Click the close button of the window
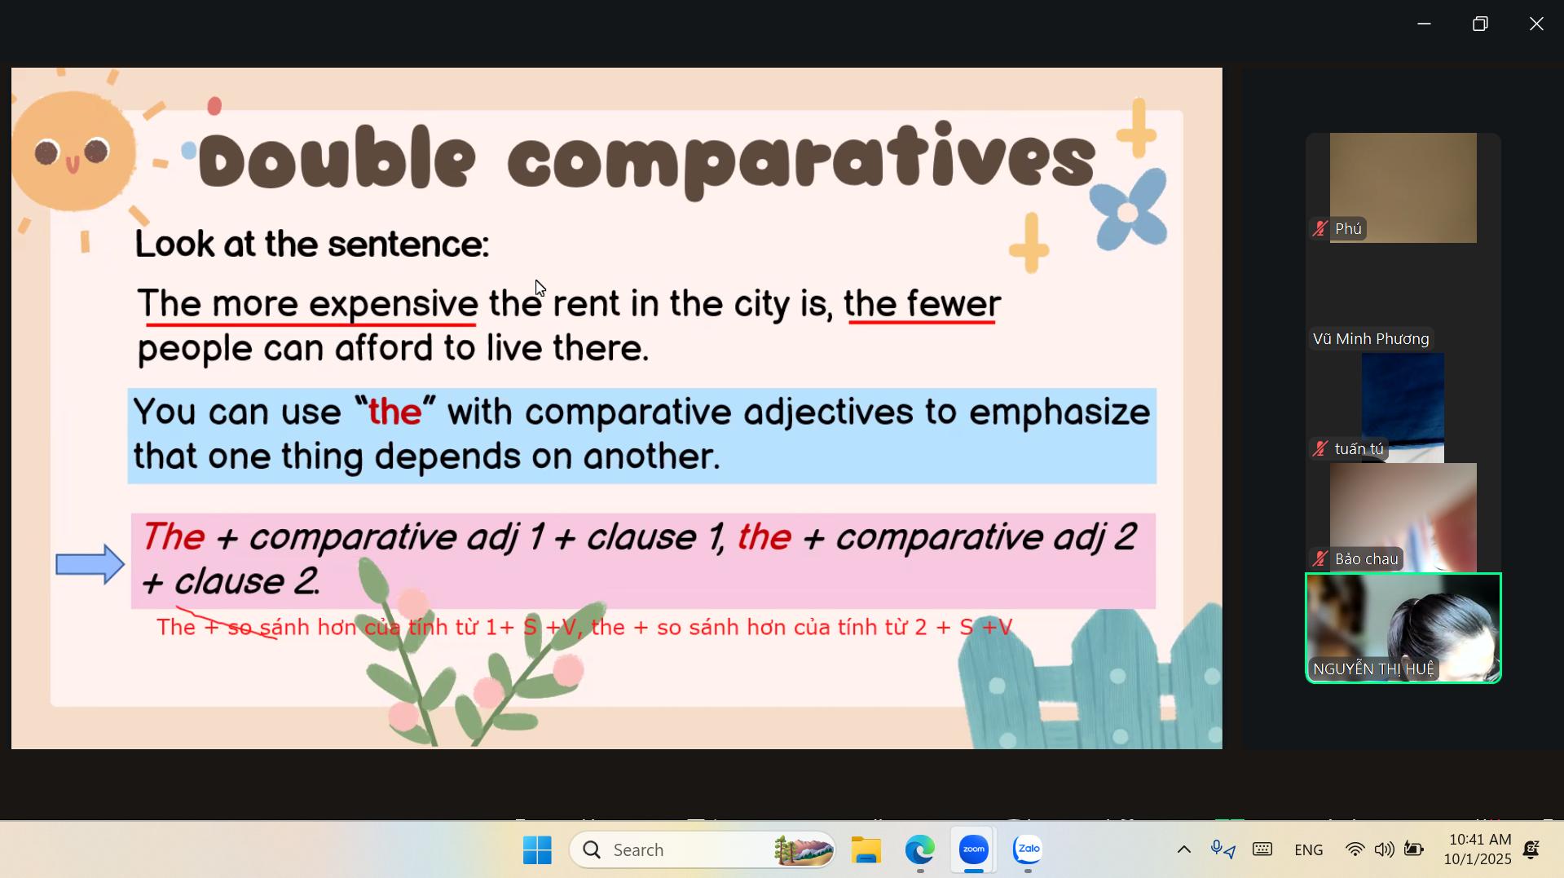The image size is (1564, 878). [x=1535, y=24]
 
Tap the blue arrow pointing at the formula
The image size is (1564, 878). [x=90, y=564]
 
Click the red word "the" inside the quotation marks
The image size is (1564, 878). [x=394, y=412]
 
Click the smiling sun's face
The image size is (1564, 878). [x=73, y=152]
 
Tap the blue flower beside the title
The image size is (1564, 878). [x=1128, y=210]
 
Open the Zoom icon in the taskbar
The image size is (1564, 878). [x=973, y=849]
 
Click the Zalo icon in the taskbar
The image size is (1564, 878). [x=1028, y=849]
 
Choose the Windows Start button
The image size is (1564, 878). [x=537, y=850]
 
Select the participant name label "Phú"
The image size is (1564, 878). [x=1348, y=229]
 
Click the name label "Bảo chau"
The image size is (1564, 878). [x=1366, y=559]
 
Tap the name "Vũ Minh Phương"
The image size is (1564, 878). [x=1371, y=339]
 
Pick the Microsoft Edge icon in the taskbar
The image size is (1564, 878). [x=919, y=850]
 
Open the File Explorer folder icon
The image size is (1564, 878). [x=866, y=850]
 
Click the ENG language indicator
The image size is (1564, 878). [x=1308, y=850]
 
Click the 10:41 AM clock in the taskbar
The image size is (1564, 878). [x=1480, y=840]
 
